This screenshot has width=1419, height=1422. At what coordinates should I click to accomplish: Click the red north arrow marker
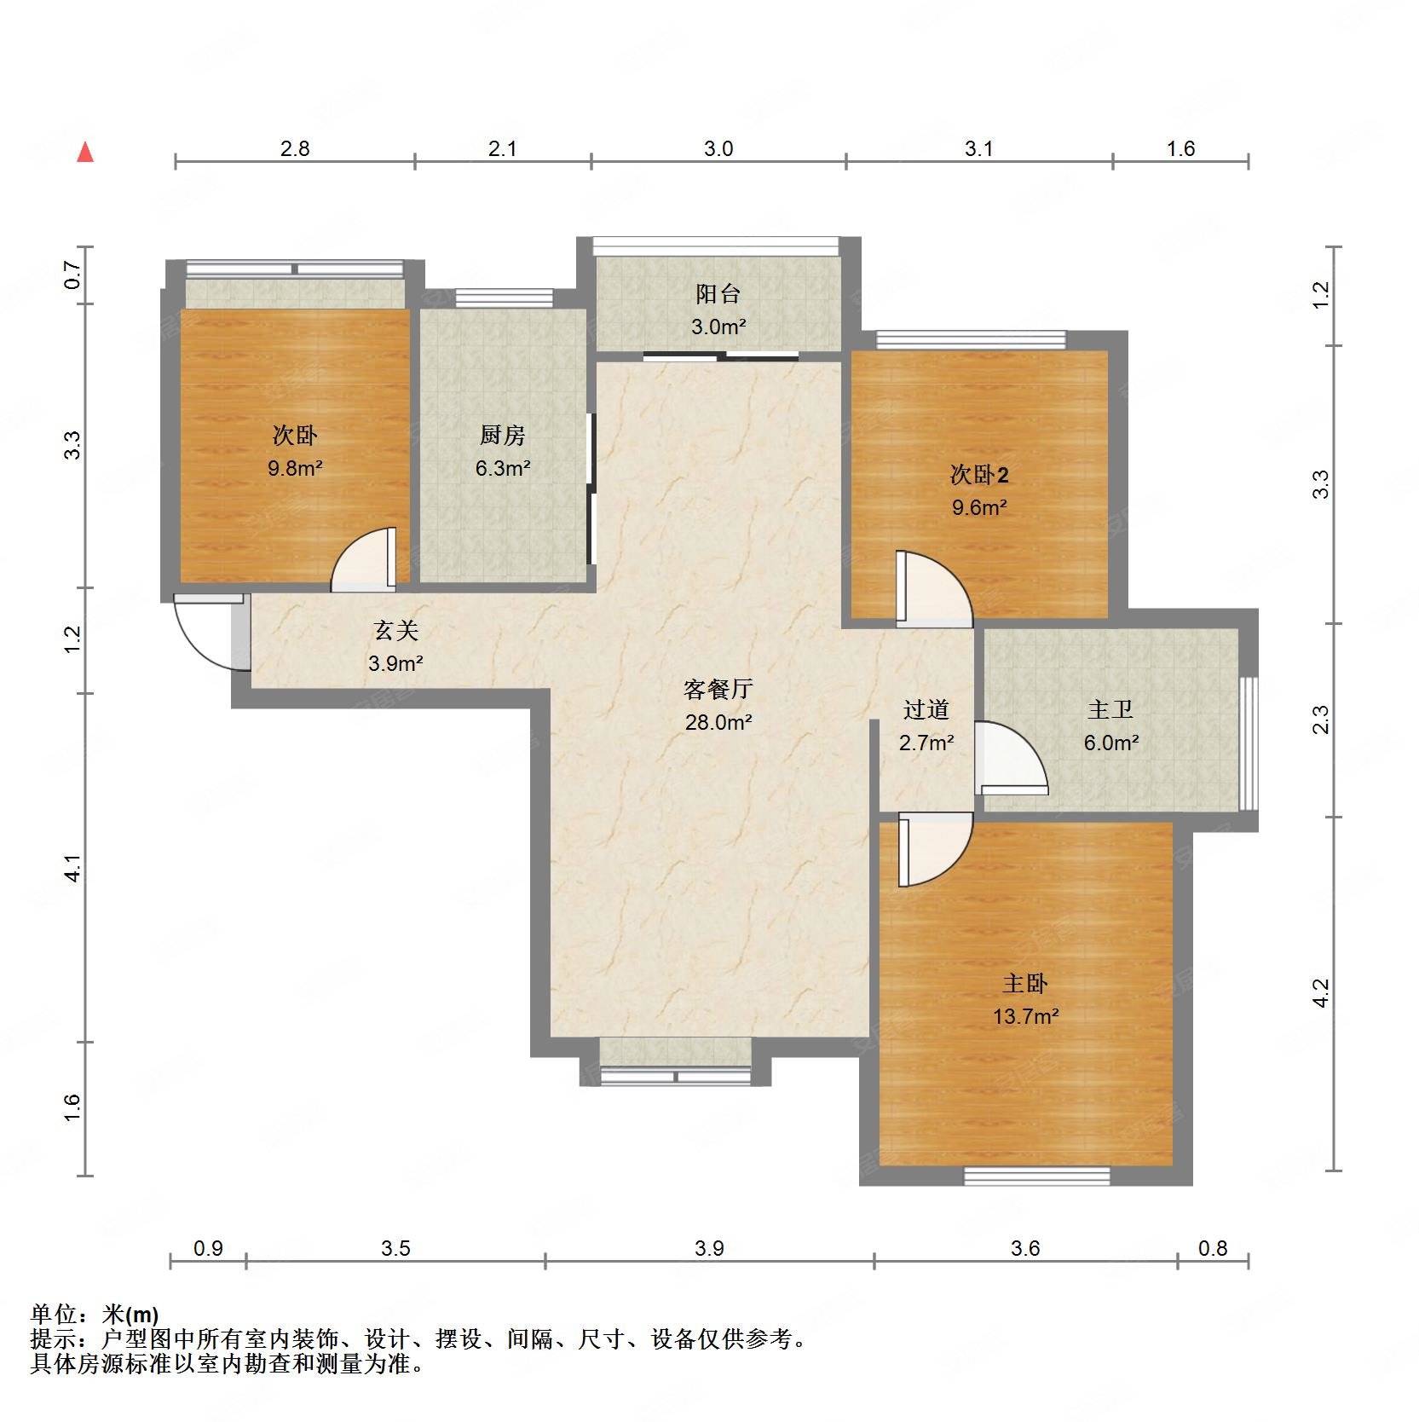point(84,153)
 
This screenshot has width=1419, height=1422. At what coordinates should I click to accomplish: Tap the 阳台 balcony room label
point(718,294)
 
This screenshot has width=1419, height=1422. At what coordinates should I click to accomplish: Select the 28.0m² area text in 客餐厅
point(718,722)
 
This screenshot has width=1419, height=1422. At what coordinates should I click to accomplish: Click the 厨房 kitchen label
point(502,436)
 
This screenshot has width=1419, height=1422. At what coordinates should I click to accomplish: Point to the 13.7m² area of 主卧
point(1025,1016)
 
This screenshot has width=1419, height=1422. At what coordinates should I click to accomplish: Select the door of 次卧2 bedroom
point(932,588)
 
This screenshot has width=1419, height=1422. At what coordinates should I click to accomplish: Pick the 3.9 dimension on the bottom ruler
point(709,1249)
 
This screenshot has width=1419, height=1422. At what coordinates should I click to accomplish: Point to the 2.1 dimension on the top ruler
point(502,149)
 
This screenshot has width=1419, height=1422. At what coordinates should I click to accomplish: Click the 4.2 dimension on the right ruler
point(1320,993)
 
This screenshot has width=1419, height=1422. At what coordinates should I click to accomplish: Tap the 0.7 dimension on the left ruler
point(72,275)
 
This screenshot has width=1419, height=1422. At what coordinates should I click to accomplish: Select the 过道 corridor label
point(926,709)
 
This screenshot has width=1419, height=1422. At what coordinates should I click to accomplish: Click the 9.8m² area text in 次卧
point(294,468)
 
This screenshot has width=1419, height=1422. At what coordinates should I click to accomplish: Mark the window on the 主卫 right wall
point(1248,742)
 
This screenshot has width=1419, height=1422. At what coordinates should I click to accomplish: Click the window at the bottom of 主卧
point(1037,1176)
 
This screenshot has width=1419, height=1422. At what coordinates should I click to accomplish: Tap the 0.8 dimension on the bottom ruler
point(1212,1249)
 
